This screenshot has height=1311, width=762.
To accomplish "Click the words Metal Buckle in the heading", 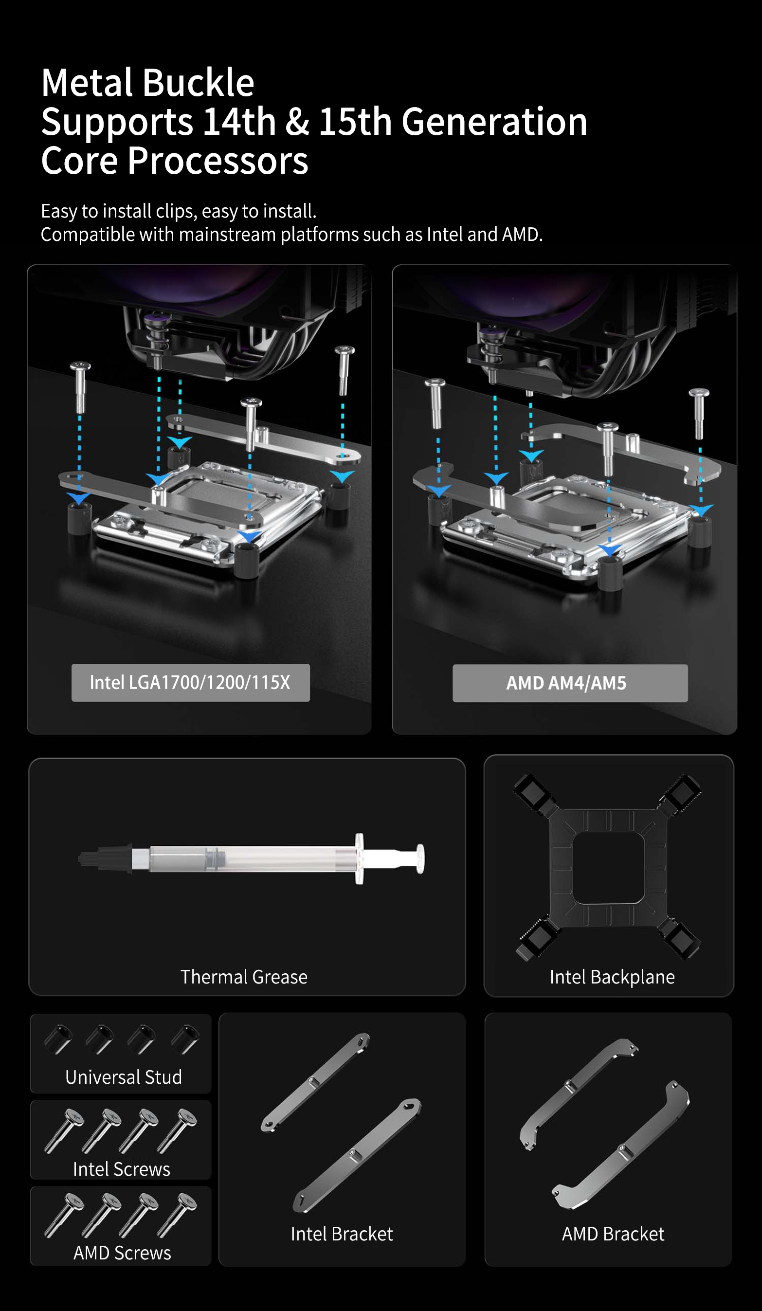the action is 148,83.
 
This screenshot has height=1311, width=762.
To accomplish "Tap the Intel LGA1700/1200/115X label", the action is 190,683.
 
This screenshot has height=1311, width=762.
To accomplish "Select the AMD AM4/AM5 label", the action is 570,683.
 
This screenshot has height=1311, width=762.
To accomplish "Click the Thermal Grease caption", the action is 244,977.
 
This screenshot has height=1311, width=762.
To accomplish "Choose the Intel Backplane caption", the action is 612,977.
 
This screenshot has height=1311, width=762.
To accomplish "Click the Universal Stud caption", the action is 124,1077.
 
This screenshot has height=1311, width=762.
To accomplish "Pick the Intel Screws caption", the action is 122,1169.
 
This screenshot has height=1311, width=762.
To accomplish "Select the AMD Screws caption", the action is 122,1253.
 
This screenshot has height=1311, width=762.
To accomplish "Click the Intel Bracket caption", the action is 342,1234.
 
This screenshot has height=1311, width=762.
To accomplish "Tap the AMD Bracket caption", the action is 613,1234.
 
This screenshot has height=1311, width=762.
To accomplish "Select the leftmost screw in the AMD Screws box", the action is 63,1215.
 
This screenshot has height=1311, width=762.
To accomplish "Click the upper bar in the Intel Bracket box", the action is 315,1083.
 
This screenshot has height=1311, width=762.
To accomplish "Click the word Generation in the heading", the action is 494,122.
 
